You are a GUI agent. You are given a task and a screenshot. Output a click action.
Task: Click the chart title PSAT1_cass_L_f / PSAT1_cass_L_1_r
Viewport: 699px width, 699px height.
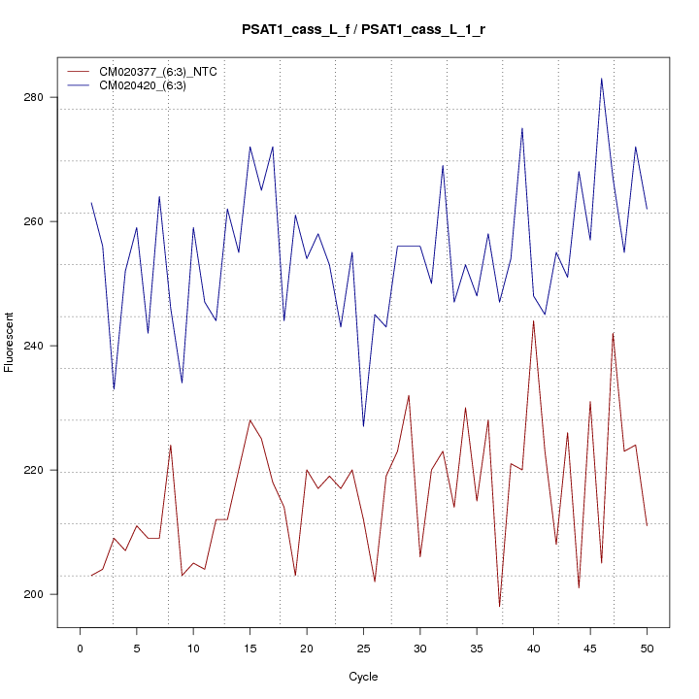(363, 30)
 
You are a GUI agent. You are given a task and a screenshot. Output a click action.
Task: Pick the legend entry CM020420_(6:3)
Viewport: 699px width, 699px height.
(150, 85)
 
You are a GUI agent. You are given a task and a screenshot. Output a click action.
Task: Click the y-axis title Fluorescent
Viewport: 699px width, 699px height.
(10, 342)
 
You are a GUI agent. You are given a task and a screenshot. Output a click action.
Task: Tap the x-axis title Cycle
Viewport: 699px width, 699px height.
(363, 677)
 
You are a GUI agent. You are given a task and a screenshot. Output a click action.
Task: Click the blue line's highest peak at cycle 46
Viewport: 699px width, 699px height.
(601, 79)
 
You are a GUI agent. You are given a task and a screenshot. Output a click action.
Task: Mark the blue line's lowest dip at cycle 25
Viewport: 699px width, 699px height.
(363, 426)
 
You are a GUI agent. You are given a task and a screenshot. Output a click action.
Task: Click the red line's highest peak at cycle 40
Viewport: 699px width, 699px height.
(533, 320)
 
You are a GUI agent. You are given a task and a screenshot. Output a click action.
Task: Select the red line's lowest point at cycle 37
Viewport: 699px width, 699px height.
(499, 607)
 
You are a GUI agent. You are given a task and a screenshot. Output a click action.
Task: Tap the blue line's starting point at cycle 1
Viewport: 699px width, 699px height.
(91, 203)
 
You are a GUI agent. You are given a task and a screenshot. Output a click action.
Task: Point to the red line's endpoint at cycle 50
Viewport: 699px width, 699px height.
(646, 525)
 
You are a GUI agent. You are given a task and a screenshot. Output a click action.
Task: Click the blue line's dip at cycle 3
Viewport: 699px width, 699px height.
(114, 388)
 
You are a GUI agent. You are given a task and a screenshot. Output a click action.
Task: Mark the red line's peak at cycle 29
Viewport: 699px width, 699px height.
(409, 395)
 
